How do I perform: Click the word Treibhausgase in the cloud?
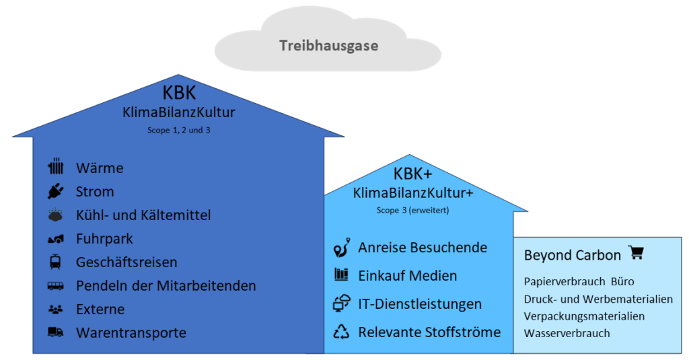(328, 46)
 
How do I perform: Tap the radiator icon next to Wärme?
(55, 168)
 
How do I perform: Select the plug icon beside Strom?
(55, 192)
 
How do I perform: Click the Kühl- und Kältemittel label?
(143, 215)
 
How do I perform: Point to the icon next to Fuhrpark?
(55, 239)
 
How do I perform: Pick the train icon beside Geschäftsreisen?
(55, 262)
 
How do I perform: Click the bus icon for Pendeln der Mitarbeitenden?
(55, 286)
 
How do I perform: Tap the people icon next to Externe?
(55, 310)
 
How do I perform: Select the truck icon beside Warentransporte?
(55, 332)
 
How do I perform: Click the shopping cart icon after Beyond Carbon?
(636, 253)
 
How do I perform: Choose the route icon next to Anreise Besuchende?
(341, 248)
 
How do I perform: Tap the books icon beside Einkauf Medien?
(341, 275)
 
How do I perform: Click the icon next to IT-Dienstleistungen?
(341, 303)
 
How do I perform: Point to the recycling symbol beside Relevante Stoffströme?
(341, 331)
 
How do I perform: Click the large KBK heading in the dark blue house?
(178, 93)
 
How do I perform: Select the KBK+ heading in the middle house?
(412, 174)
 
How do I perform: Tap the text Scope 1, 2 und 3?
(178, 130)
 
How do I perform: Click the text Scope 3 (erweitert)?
(412, 210)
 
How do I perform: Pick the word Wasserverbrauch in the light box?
(567, 333)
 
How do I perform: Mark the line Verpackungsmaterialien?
(584, 316)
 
